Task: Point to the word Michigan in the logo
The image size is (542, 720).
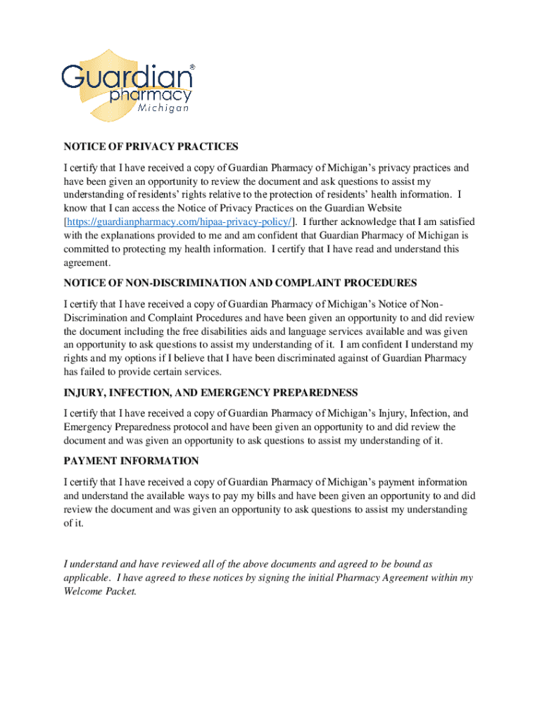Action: click(163, 109)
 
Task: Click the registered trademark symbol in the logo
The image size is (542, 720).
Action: click(192, 67)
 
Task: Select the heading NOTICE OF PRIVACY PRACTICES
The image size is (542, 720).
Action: click(151, 147)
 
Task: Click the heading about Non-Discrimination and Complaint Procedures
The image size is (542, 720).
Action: click(240, 283)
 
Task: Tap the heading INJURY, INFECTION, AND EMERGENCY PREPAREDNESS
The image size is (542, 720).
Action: click(210, 392)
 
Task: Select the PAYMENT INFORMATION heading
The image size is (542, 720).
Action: click(131, 461)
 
